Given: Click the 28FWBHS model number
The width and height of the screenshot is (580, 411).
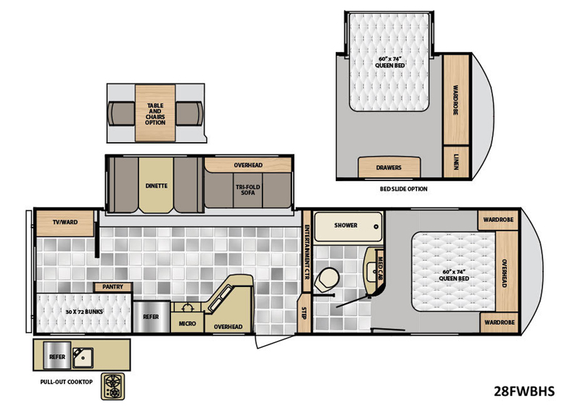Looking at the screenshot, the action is click(524, 391).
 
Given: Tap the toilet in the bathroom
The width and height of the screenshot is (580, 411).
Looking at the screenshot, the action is click(327, 279).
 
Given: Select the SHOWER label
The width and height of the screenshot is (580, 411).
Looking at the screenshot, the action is click(346, 225).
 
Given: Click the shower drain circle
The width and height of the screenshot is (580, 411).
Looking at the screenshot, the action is click(376, 227).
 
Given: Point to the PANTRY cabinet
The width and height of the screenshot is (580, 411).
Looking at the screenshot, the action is click(113, 287).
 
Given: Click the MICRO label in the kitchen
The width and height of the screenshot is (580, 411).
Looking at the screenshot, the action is click(187, 324).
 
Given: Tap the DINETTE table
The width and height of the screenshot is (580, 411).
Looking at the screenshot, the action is click(156, 185).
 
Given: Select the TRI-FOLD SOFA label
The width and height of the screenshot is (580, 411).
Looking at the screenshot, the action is click(248, 190).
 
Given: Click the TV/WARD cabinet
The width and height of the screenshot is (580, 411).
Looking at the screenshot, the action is click(65, 223).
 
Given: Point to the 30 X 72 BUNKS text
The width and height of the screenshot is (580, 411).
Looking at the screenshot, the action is click(84, 312).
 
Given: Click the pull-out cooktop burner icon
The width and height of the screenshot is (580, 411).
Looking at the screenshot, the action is click(113, 386).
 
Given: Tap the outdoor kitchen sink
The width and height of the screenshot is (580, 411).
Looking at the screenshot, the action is click(83, 358).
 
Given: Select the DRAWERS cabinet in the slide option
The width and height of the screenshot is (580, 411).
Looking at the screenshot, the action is click(389, 167).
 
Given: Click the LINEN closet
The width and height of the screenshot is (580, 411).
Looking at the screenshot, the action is click(456, 162).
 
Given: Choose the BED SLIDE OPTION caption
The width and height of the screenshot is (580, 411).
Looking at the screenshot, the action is click(404, 189).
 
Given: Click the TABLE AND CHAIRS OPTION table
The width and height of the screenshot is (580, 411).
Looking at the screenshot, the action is click(155, 113).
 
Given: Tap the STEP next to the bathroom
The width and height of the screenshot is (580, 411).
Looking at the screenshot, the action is click(304, 313).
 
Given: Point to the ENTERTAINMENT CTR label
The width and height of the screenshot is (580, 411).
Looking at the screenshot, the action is click(307, 252).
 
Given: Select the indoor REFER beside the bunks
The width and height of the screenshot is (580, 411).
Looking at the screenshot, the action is click(152, 317).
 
